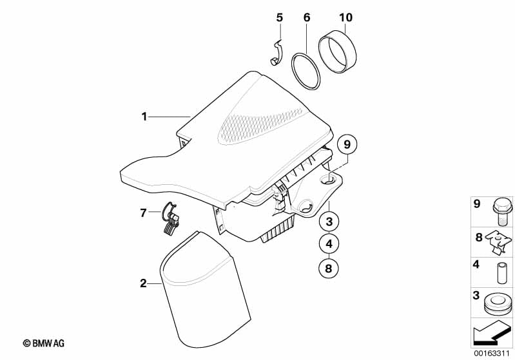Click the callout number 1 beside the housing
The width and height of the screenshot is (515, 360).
144,117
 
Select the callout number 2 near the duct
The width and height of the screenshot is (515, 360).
143,283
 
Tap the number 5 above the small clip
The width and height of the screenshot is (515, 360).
279,17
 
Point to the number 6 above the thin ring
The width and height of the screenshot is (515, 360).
306,17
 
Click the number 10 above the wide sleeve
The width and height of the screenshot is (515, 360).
345,17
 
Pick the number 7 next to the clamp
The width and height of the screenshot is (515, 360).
143,213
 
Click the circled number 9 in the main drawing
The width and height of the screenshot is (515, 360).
347,144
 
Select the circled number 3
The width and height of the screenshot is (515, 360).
329,222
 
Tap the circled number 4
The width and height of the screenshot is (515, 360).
329,244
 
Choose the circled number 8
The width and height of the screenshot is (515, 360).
329,269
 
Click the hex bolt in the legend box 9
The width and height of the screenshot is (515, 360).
502,212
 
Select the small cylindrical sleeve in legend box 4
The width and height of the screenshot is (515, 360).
501,272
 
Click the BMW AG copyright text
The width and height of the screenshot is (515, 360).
44,343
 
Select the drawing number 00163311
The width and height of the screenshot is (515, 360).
491,354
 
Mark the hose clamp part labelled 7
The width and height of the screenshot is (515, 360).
171,218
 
